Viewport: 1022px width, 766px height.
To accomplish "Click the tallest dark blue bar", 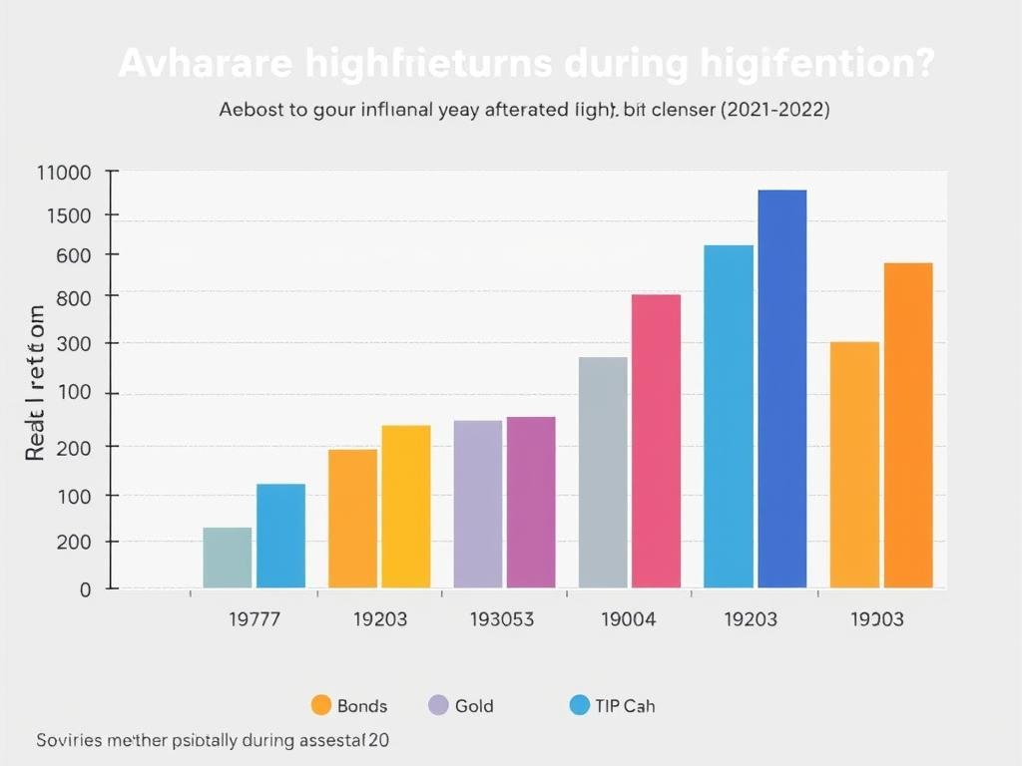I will click(x=781, y=389).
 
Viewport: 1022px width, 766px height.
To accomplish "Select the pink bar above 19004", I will click(x=656, y=441).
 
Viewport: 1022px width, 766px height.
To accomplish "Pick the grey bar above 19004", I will click(x=603, y=472).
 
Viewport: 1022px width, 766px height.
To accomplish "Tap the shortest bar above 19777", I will click(x=228, y=558).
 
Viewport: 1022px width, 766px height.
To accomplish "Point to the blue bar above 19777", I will click(x=280, y=536).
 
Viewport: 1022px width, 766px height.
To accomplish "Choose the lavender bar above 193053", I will click(x=478, y=504).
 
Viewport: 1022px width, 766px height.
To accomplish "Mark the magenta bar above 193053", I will click(x=531, y=502).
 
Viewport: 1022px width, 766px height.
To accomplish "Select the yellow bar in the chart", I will click(x=406, y=507).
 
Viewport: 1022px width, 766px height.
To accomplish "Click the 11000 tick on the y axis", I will click(x=63, y=173).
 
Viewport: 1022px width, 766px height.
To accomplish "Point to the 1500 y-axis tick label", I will click(x=69, y=215).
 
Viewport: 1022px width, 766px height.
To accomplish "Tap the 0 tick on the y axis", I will click(x=85, y=589).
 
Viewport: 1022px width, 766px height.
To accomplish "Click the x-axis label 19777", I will click(x=255, y=619).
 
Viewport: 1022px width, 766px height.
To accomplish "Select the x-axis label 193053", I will click(x=501, y=619).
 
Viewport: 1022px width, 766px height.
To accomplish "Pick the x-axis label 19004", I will click(x=629, y=619).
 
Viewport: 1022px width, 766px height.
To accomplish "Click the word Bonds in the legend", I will click(x=362, y=706).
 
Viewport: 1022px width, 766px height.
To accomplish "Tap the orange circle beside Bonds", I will click(x=320, y=705).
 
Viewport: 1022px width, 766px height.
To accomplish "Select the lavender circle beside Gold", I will click(x=437, y=705).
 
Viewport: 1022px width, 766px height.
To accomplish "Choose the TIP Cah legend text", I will click(x=626, y=706).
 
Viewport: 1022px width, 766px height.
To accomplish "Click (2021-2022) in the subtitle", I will click(x=773, y=110).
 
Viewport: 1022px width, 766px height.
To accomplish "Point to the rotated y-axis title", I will click(x=36, y=383).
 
